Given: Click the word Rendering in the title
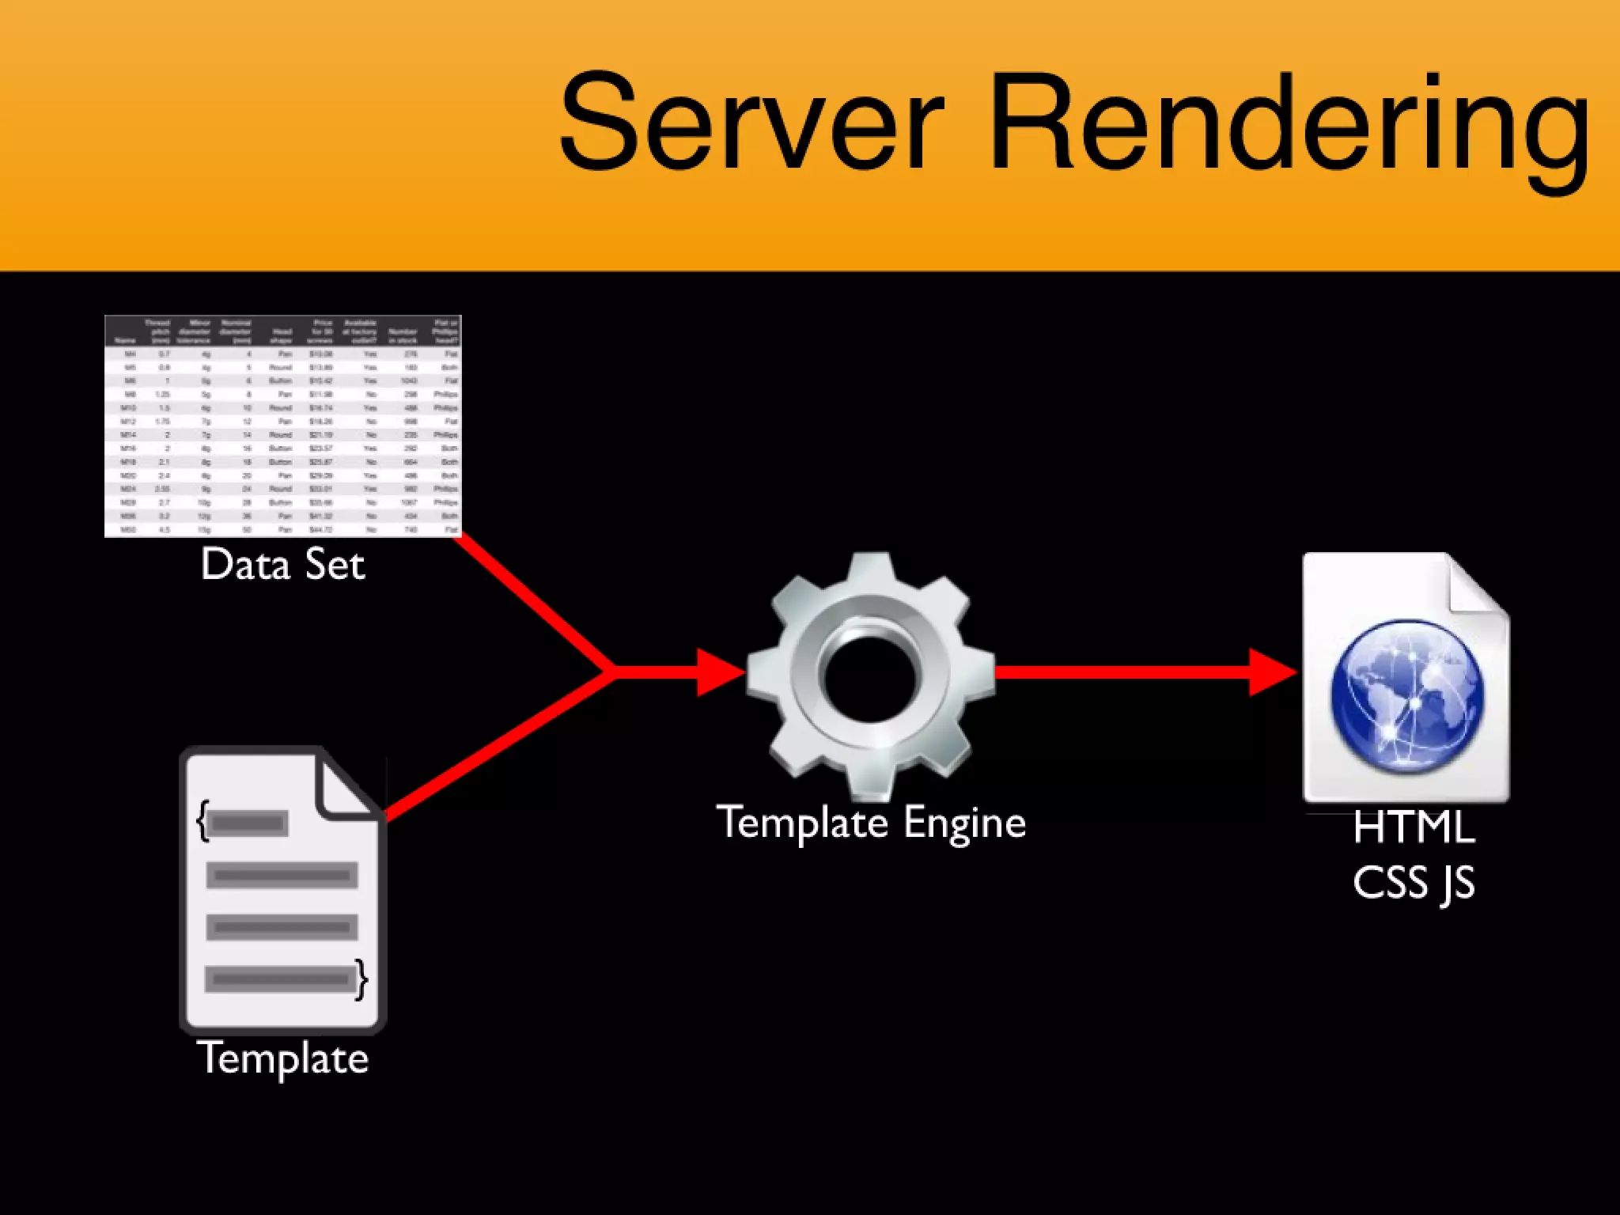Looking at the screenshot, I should [x=1289, y=127].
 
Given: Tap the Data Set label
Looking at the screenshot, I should [x=283, y=565].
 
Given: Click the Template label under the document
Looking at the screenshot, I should [x=282, y=1058].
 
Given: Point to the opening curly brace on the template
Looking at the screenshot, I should [x=203, y=821].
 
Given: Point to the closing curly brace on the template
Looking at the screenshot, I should [x=361, y=979].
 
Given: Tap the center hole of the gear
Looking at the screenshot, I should [x=870, y=677].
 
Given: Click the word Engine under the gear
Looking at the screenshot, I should [x=965, y=823].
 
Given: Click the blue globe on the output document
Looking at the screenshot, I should [x=1407, y=696].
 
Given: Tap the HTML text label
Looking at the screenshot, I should [x=1414, y=828].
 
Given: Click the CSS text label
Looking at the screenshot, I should [x=1390, y=883].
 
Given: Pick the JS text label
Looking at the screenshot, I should [x=1457, y=884].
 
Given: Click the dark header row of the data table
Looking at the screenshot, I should [x=282, y=331].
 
